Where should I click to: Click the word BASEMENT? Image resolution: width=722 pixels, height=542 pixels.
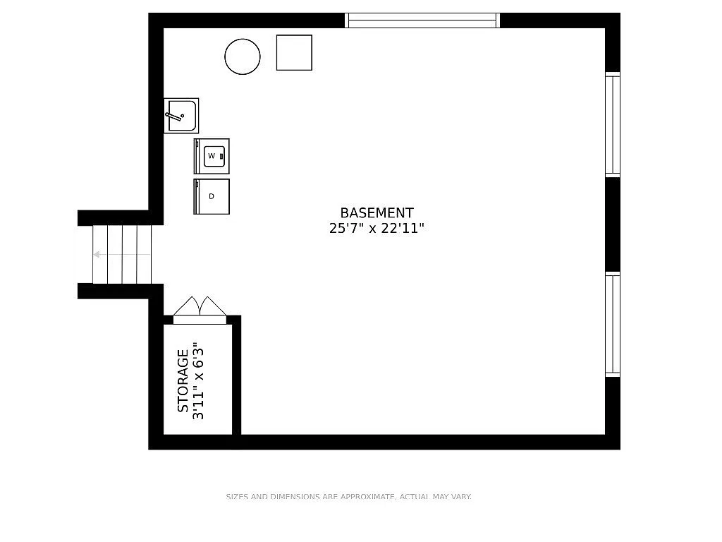point(377,212)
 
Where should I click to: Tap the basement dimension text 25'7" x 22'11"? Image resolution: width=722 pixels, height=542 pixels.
point(377,229)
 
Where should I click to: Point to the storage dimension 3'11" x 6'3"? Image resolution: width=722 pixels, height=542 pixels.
point(199,381)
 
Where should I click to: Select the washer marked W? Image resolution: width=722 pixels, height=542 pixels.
point(212,156)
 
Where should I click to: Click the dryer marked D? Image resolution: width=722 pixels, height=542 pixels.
point(212,196)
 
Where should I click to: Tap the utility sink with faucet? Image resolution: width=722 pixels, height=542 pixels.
point(182,116)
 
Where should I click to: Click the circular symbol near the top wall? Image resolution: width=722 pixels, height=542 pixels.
point(243,56)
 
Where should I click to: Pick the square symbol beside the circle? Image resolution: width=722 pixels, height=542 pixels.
point(294,52)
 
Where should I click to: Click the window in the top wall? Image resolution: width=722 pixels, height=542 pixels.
point(422,20)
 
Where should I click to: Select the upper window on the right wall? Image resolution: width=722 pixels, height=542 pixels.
point(613,124)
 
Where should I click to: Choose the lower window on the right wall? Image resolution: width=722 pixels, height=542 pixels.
point(613,325)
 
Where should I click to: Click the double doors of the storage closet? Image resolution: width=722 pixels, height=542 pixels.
point(200,308)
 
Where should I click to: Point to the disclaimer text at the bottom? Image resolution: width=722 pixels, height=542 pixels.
point(348,497)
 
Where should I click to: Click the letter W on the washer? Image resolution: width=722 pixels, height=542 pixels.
point(212,155)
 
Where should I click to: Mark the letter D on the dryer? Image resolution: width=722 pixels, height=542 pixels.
point(211,196)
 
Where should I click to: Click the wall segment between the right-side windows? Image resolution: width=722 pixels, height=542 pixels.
point(613,224)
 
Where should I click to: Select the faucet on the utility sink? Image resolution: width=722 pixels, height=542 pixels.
point(173,116)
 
